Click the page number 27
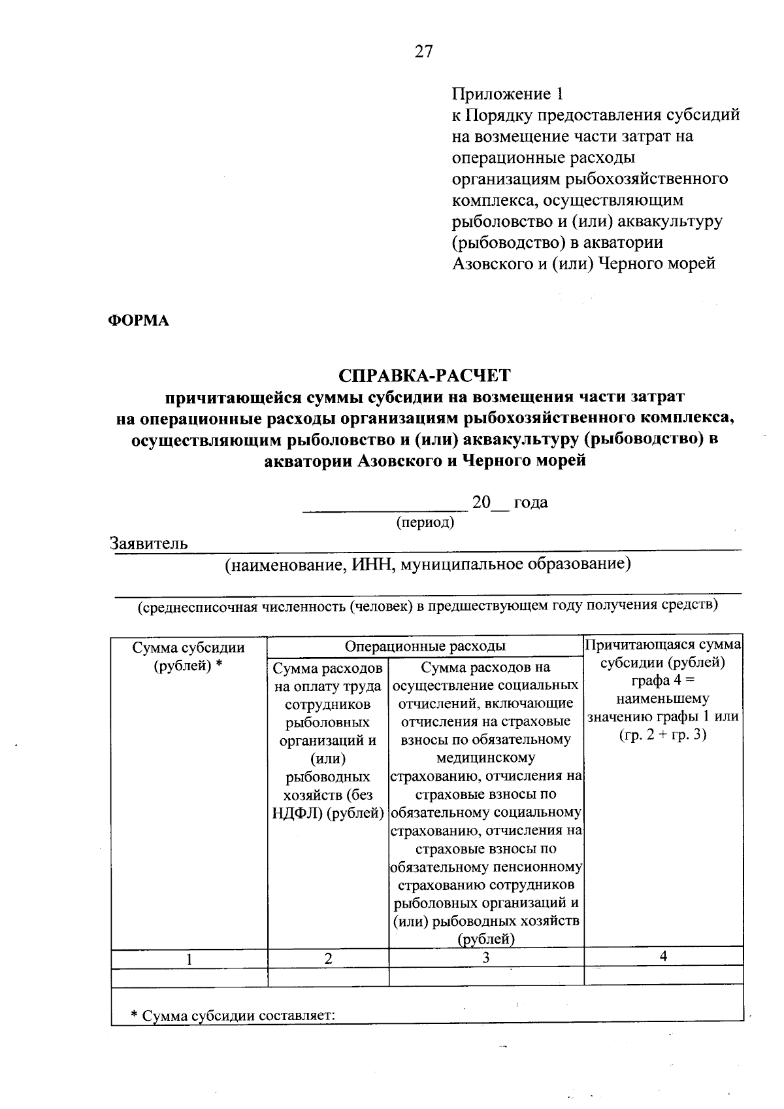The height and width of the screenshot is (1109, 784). pyautogui.click(x=423, y=52)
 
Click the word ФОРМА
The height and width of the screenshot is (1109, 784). pyautogui.click(x=138, y=320)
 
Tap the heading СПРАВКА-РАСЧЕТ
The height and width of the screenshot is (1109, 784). pyautogui.click(x=425, y=375)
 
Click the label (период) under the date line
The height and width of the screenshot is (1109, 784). pyautogui.click(x=425, y=522)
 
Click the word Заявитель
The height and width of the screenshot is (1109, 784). pyautogui.click(x=149, y=543)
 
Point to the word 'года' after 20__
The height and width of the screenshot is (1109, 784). pyautogui.click(x=531, y=502)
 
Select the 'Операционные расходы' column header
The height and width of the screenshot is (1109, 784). pyautogui.click(x=425, y=646)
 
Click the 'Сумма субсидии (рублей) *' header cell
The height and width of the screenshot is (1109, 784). pyautogui.click(x=189, y=656)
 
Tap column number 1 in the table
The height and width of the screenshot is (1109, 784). pyautogui.click(x=189, y=959)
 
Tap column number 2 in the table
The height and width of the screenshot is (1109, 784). pyautogui.click(x=328, y=959)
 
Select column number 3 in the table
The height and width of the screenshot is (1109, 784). pyautogui.click(x=485, y=959)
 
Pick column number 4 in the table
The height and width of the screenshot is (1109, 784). pyautogui.click(x=663, y=956)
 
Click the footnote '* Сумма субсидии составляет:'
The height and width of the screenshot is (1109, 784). pyautogui.click(x=233, y=1016)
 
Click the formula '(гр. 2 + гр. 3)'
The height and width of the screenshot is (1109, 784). pyautogui.click(x=663, y=734)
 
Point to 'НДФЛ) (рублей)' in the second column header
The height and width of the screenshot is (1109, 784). pyautogui.click(x=328, y=813)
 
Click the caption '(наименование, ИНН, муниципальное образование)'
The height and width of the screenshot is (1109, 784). pyautogui.click(x=427, y=564)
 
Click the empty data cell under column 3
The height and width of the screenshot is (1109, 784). pyautogui.click(x=485, y=976)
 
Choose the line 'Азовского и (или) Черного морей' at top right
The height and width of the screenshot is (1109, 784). pyautogui.click(x=584, y=264)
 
